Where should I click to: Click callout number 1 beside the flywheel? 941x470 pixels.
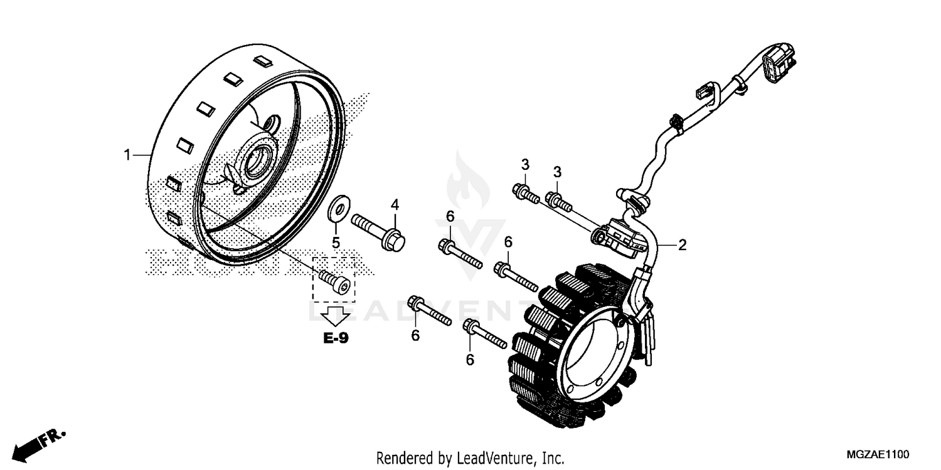coord(127,137)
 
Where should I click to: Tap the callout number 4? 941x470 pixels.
coord(395,204)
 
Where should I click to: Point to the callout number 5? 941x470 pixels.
coord(336,242)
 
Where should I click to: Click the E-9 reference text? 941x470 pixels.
coord(336,338)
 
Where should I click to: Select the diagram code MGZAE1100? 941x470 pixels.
coord(877,454)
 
